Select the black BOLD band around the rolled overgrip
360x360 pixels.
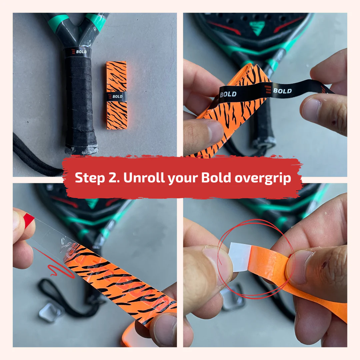[x=117, y=96]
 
